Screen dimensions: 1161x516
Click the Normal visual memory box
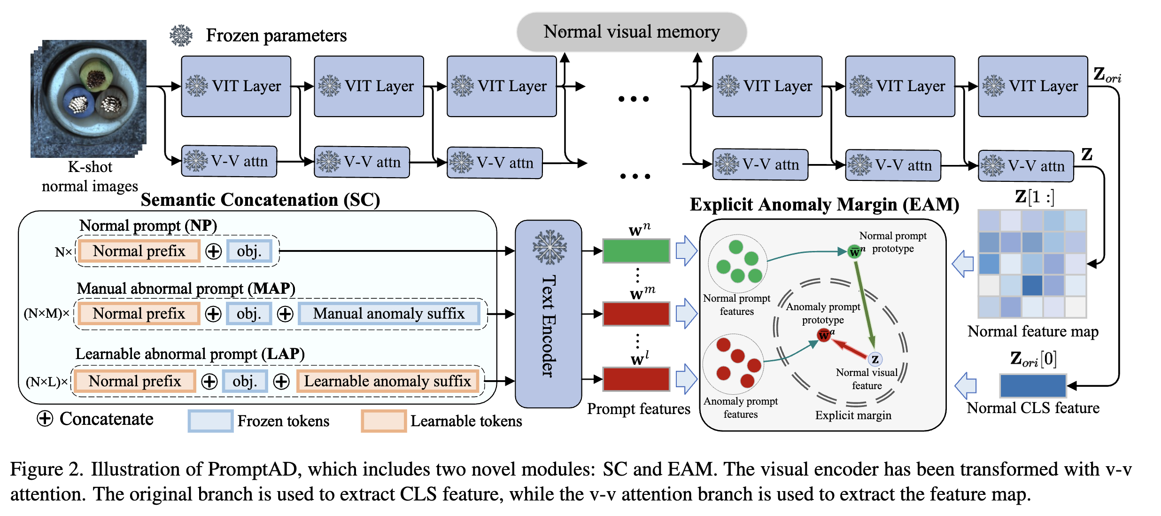click(x=632, y=32)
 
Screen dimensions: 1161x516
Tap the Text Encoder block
click(x=548, y=314)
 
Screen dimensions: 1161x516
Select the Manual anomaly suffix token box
click(x=389, y=313)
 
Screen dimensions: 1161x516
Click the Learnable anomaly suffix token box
click(x=387, y=381)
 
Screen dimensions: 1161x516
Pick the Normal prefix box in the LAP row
click(x=135, y=381)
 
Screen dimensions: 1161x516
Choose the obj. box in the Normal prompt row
click(x=249, y=251)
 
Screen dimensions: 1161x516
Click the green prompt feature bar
click(x=636, y=251)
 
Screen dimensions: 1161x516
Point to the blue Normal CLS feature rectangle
click(x=1033, y=386)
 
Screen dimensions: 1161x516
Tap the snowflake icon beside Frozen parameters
click(x=181, y=35)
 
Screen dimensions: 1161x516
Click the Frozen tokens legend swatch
click(x=210, y=421)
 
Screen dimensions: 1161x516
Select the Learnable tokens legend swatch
click(x=384, y=421)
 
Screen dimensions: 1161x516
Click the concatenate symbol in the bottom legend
click(x=45, y=418)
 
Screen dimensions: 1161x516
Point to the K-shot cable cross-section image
click(x=89, y=98)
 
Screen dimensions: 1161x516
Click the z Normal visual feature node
click(x=875, y=360)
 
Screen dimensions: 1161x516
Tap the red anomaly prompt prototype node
click(x=824, y=335)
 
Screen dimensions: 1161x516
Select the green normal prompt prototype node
click(x=854, y=251)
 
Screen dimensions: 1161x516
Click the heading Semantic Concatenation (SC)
click(x=260, y=200)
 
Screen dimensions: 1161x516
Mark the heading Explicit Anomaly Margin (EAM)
click(x=824, y=204)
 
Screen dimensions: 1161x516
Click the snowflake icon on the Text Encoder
click(x=550, y=247)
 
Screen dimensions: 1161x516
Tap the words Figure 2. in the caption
click(x=46, y=469)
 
